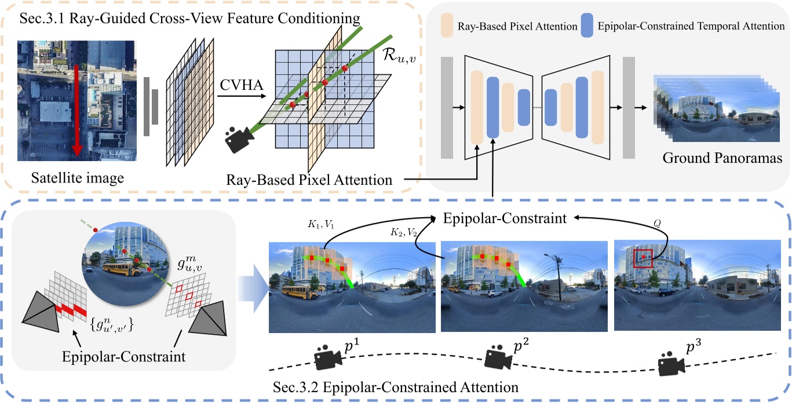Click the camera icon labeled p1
click(x=326, y=358)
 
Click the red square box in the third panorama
click(x=643, y=258)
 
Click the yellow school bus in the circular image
click(x=118, y=268)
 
